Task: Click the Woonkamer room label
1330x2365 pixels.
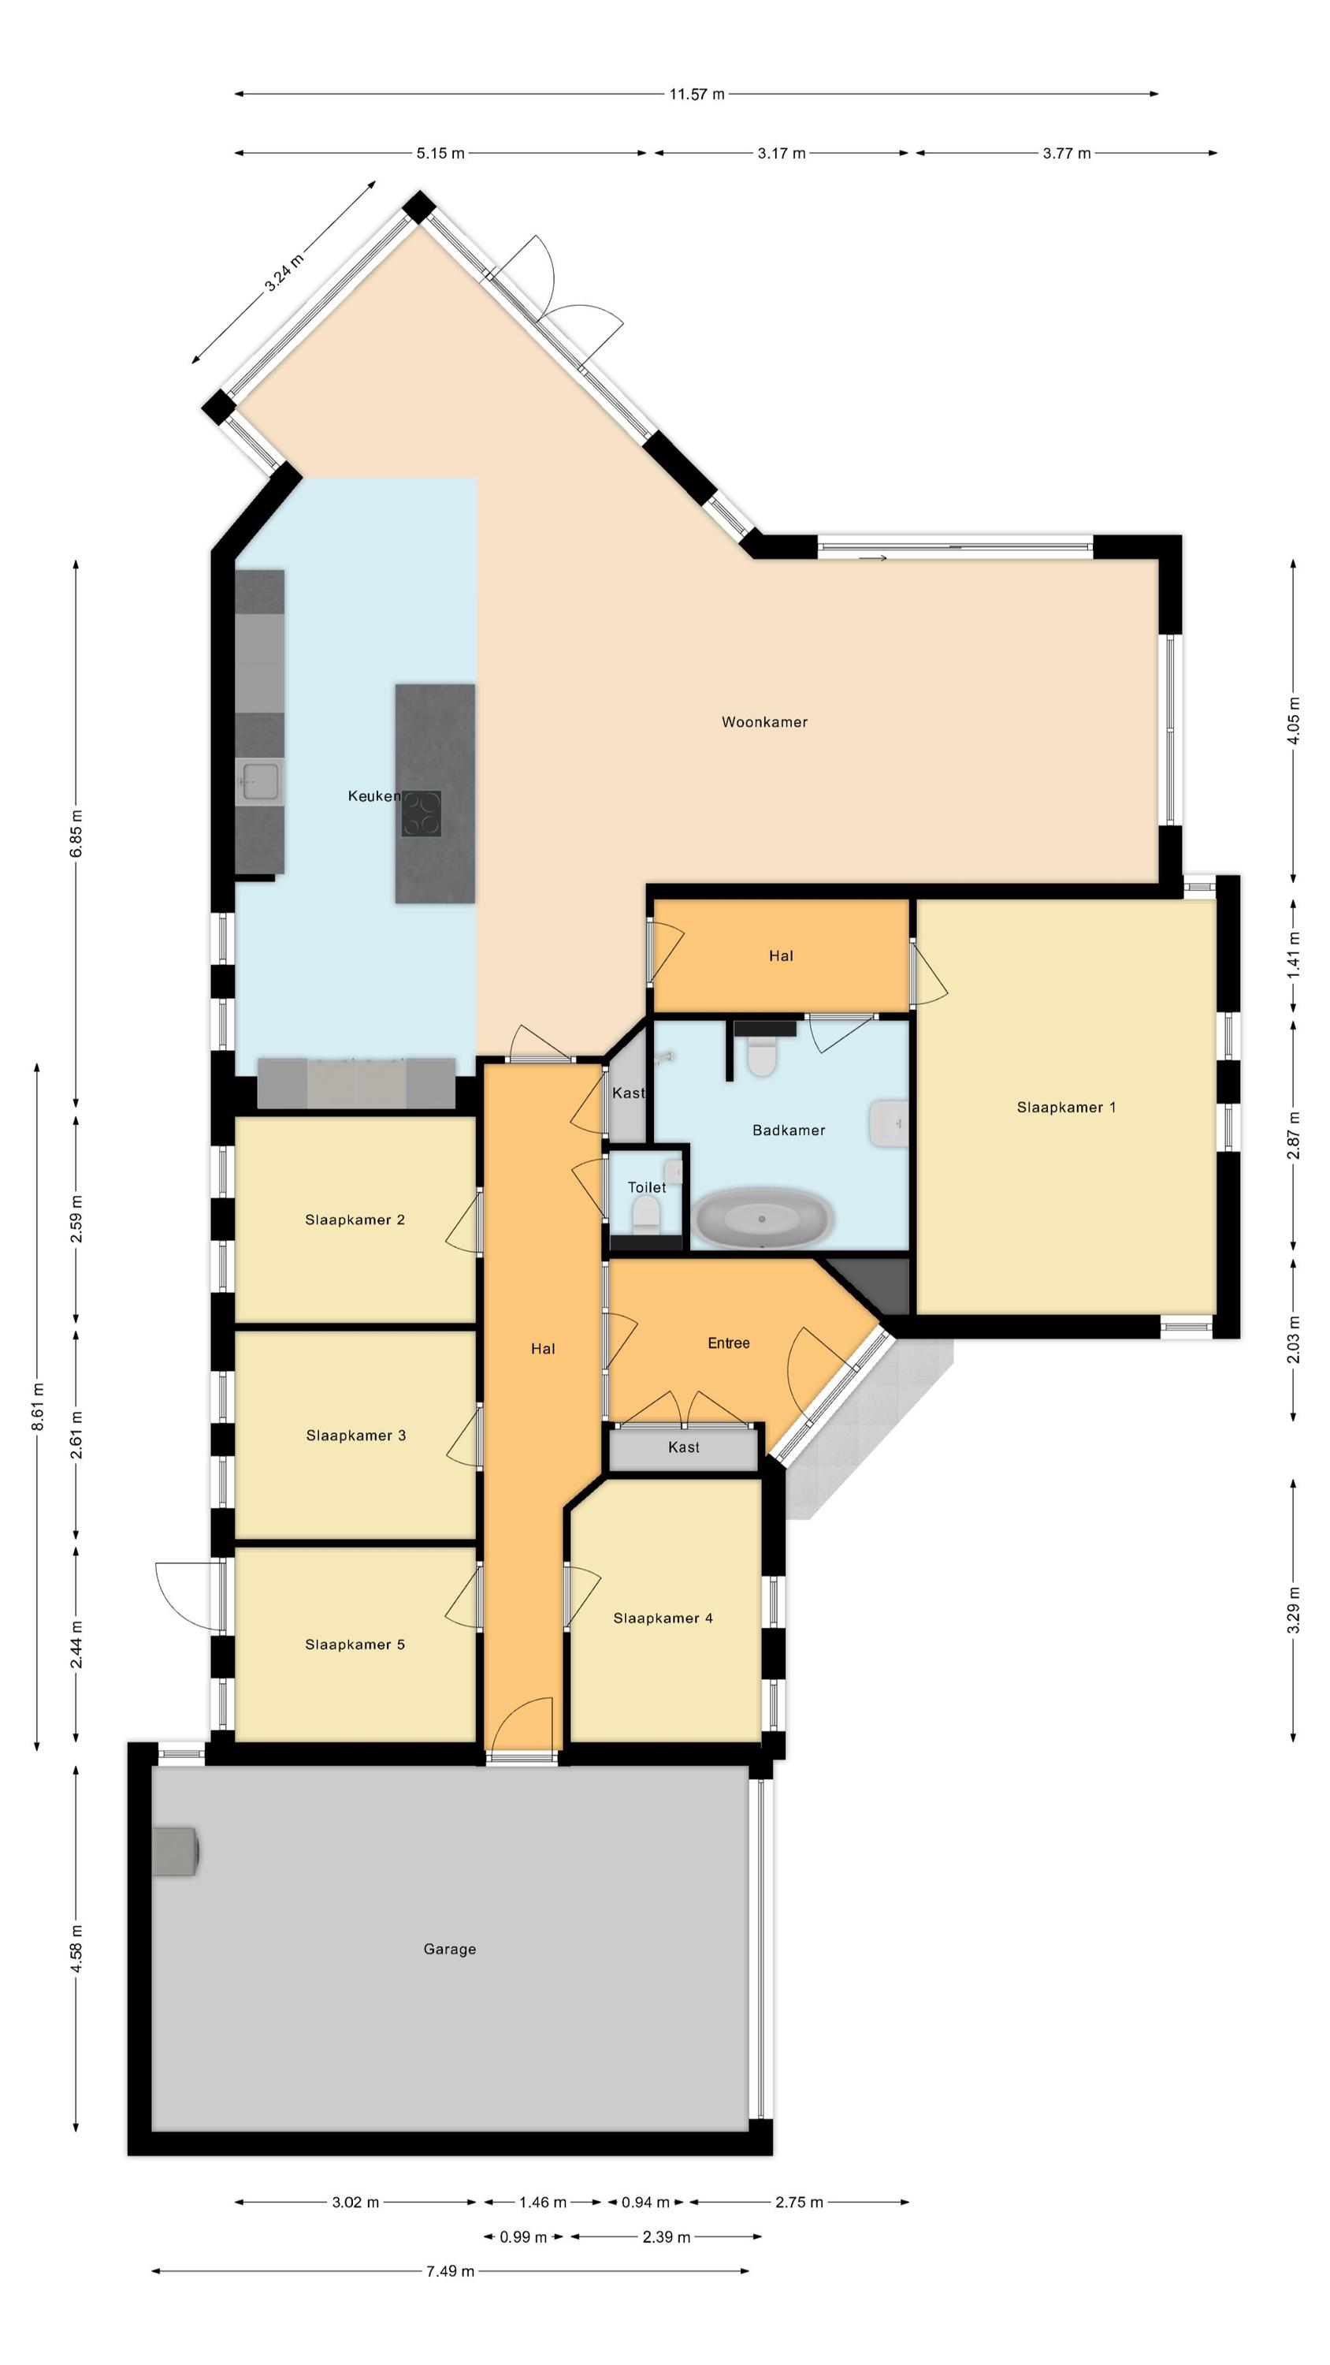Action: (763, 721)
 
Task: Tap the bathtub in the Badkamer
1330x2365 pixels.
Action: (763, 1217)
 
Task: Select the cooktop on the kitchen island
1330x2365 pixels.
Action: (421, 814)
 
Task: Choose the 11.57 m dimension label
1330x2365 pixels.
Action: (697, 94)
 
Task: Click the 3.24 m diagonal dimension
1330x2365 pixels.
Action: (284, 273)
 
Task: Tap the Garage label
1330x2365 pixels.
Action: (450, 1949)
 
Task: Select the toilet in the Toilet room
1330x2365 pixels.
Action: (646, 1215)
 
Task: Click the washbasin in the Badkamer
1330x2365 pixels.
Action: (889, 1123)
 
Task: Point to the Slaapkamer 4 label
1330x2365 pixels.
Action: (663, 1618)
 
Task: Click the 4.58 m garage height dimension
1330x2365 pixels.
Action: (76, 1948)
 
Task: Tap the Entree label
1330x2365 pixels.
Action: (729, 1343)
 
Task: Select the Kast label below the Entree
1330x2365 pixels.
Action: (684, 1447)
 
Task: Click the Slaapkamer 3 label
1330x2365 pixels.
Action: (356, 1435)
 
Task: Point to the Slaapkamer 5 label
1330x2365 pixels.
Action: (355, 1644)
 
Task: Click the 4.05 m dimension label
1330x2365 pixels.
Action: (1295, 721)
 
